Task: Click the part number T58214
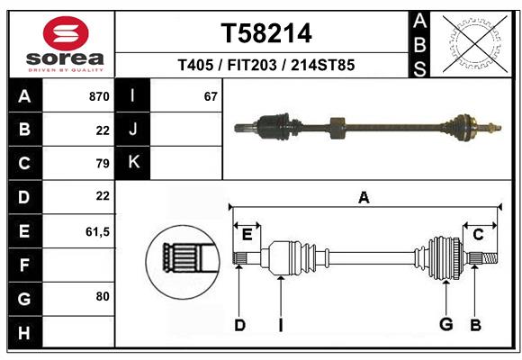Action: (x=266, y=33)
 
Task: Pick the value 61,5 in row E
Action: (x=97, y=231)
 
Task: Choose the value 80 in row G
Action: (x=102, y=295)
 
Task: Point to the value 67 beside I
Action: (x=211, y=96)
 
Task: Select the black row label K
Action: (x=133, y=162)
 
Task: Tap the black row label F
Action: (x=24, y=265)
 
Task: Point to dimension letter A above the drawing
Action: (x=364, y=197)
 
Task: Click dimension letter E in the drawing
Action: (x=247, y=235)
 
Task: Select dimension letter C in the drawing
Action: (x=478, y=235)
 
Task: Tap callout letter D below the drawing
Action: (x=239, y=325)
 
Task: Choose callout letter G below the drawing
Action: (x=445, y=325)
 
